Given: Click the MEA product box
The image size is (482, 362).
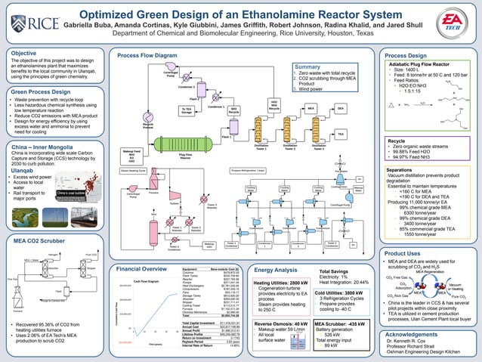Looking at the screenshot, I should point(311,109).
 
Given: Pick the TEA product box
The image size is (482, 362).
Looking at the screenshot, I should point(341,133).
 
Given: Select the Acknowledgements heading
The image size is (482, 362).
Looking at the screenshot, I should point(416,333).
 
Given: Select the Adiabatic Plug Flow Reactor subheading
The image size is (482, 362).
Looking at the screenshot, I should point(427,66).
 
